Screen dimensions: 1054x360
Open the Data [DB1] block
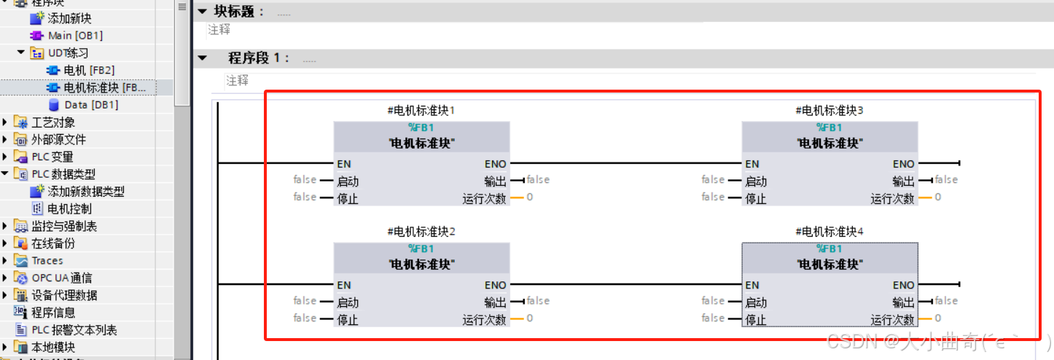[91, 105]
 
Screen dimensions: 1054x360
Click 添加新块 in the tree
[69, 17]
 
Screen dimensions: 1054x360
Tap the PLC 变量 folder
[52, 157]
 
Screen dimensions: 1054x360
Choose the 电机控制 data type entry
[69, 208]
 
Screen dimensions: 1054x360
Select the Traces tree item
[47, 260]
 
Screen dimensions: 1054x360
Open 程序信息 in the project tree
[52, 313]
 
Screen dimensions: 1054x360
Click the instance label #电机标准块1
[421, 111]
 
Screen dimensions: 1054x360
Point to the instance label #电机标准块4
[829, 232]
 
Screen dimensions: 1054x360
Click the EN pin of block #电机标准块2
[344, 285]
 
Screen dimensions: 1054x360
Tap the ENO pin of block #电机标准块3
[903, 164]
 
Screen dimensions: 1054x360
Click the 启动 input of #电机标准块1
[348, 181]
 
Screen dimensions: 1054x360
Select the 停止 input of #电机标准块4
[756, 320]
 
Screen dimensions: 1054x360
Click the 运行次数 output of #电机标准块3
[892, 198]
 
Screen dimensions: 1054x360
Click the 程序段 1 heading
[259, 58]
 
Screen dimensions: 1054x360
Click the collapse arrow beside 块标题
[203, 12]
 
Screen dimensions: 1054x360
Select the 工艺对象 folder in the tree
[52, 122]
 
